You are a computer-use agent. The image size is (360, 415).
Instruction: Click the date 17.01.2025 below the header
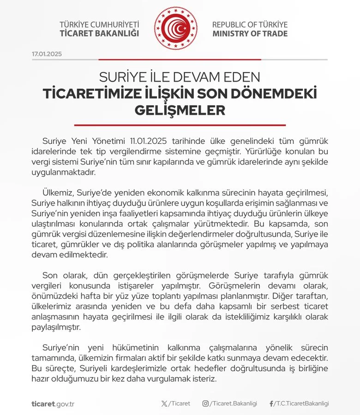point(47,54)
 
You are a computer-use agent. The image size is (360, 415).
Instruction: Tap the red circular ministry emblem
point(175,28)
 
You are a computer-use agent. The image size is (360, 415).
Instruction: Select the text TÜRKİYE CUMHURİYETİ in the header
point(99,24)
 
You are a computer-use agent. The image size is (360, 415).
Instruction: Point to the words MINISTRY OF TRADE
point(250,34)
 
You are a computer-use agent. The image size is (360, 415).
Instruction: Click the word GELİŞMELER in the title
point(180,111)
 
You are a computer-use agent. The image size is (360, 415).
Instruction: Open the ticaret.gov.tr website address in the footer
point(53,404)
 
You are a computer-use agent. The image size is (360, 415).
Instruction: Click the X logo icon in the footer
point(165,403)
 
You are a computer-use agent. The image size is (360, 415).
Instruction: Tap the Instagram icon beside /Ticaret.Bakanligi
point(205,403)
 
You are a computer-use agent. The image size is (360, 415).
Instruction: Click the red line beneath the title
point(180,125)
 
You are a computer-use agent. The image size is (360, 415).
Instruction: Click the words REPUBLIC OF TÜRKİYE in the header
point(250,24)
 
